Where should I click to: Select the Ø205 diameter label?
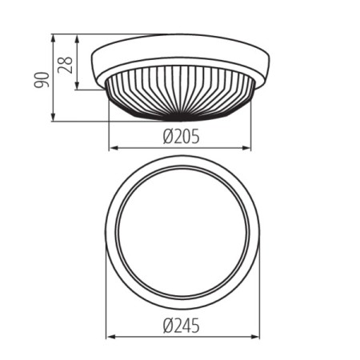(x=180, y=136)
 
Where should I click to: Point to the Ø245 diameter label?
(x=180, y=325)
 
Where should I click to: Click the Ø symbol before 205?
(x=168, y=136)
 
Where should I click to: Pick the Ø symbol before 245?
(x=168, y=325)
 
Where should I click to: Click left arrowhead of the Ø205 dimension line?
(x=111, y=148)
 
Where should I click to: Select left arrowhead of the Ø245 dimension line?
(x=110, y=337)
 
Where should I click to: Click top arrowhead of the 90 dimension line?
(x=54, y=37)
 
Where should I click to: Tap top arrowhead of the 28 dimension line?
(x=78, y=37)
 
